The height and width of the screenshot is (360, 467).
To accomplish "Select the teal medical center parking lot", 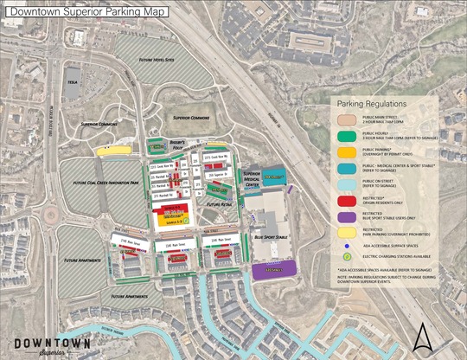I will (274, 177).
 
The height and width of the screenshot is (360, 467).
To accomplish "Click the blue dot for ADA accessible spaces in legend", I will (347, 245).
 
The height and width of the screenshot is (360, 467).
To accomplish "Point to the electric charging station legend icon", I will (347, 256).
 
